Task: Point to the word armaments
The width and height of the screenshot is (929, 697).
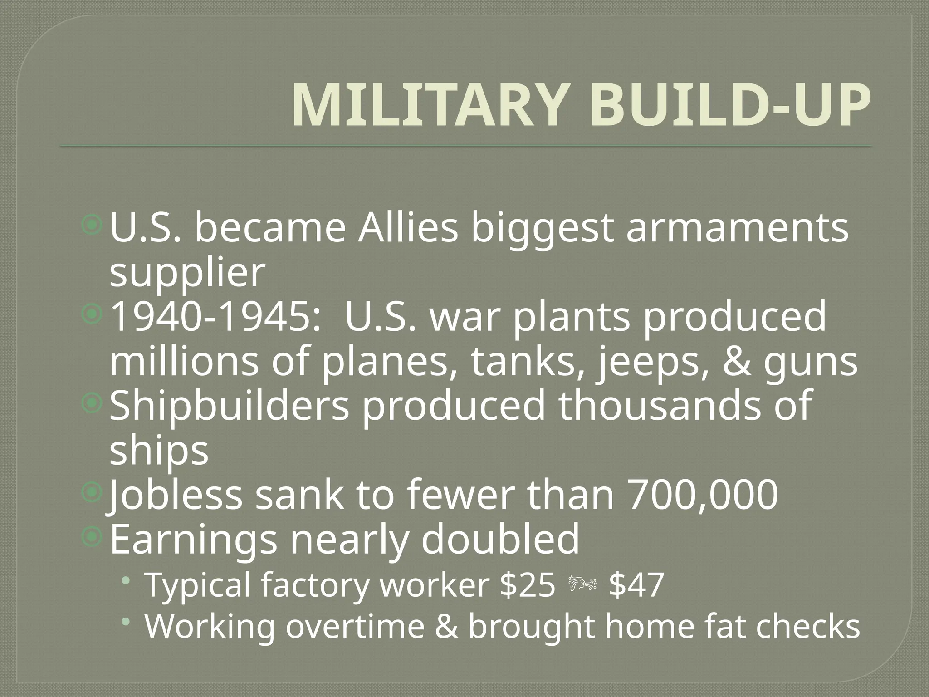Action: click(x=737, y=228)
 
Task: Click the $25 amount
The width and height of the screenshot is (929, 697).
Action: click(x=527, y=585)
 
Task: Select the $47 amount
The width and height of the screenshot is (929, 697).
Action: click(x=636, y=585)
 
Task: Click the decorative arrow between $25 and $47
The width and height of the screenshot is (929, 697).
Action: click(x=582, y=585)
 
